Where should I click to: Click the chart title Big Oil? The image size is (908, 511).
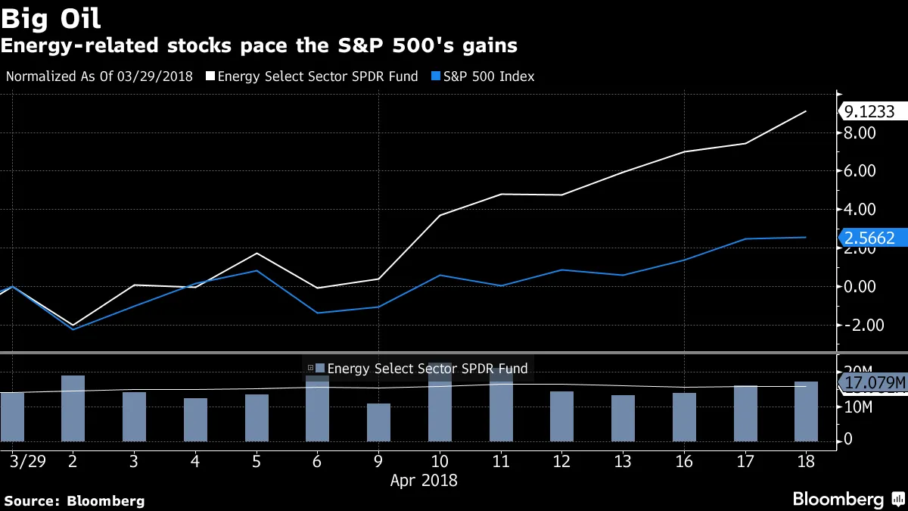(x=51, y=17)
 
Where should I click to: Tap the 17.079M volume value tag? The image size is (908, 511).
(x=874, y=383)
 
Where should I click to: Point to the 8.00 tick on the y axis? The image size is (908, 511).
(x=860, y=132)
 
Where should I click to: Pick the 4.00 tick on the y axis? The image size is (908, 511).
(x=860, y=209)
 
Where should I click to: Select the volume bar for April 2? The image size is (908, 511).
(x=73, y=408)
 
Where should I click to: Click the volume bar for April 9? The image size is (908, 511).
(x=378, y=422)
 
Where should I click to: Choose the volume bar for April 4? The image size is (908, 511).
(x=195, y=419)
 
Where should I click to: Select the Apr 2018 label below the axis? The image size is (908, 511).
(x=424, y=480)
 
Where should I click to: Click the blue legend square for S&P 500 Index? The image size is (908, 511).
(x=436, y=76)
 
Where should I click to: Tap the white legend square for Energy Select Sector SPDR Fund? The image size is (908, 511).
(x=210, y=76)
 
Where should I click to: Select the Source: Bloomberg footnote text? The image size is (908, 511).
(x=74, y=500)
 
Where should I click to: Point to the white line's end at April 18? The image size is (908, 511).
(x=806, y=111)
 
